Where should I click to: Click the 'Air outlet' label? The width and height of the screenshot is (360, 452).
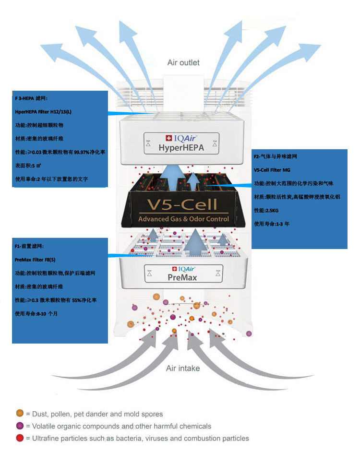(183, 62)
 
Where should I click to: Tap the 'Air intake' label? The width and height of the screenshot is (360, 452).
(183, 368)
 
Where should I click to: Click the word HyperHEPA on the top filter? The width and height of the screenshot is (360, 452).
(181, 148)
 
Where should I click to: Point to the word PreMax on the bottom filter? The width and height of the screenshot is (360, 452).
(182, 277)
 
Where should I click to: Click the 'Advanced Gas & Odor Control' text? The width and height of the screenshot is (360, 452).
(183, 219)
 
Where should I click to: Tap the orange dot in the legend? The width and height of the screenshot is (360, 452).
(20, 414)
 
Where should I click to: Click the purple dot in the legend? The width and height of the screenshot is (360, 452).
(20, 426)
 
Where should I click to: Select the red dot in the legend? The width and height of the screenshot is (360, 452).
(20, 438)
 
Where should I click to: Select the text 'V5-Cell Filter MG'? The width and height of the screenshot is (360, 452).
(272, 170)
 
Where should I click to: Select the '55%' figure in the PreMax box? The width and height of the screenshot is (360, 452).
(71, 300)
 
